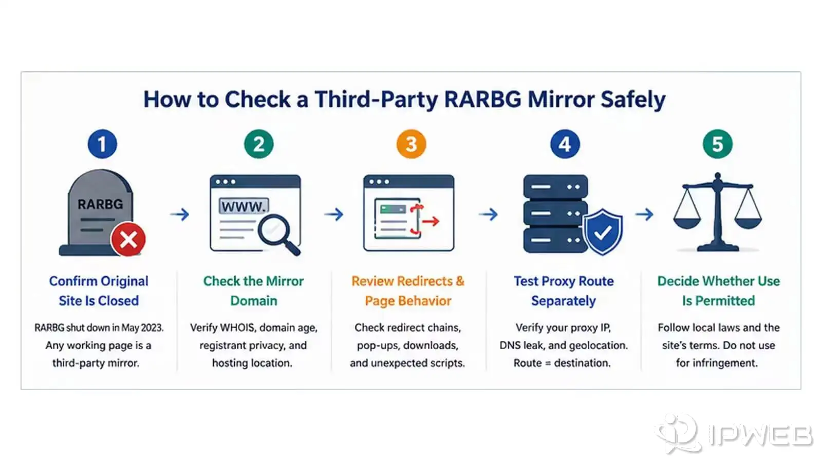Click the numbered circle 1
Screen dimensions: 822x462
point(102,144)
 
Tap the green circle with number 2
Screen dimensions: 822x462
point(259,144)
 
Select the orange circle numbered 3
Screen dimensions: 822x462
point(412,144)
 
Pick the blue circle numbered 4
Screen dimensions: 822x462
point(565,144)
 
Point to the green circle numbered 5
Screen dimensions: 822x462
point(718,144)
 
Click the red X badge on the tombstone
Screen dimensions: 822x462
point(128,239)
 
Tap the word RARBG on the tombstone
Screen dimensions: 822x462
point(100,204)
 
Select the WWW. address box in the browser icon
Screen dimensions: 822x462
point(244,206)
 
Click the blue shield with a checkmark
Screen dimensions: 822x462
point(603,232)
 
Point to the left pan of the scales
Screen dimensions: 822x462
point(687,223)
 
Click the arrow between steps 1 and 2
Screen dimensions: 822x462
point(180,214)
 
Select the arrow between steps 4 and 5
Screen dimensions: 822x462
point(645,214)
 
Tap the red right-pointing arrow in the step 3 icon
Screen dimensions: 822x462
point(431,221)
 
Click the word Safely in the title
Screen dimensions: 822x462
point(633,100)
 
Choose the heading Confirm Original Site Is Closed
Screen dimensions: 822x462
point(99,291)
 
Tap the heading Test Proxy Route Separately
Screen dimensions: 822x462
point(564,291)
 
